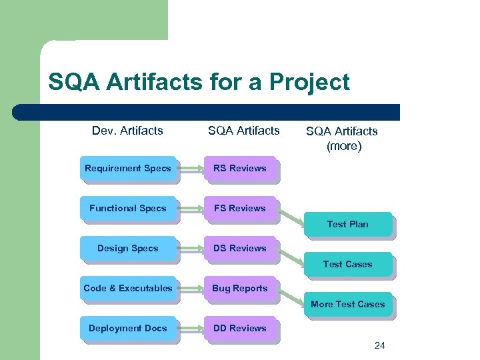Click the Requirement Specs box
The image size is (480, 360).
pos(128,169)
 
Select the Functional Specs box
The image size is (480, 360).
pos(128,209)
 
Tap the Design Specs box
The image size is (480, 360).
pos(128,249)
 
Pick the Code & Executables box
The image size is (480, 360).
pos(128,289)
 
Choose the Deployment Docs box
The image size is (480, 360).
pos(128,329)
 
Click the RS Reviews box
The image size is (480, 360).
pos(239,169)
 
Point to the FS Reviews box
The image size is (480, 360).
pos(239,209)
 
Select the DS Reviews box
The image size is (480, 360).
pos(239,249)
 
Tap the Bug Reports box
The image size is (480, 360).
pos(239,289)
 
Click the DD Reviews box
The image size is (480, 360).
pos(239,329)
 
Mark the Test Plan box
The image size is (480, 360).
pos(347,225)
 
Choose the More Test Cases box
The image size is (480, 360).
pos(347,305)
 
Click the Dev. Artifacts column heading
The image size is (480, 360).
pos(127,131)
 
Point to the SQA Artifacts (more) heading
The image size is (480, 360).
pos(341,139)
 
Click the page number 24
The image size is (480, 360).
pos(380,345)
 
